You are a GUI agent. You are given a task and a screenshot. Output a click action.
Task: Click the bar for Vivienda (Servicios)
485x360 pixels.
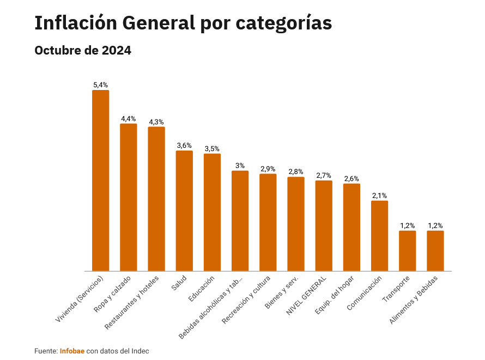pyautogui.click(x=100, y=180)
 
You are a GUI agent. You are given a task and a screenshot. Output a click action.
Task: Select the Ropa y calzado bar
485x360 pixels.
pyautogui.click(x=129, y=197)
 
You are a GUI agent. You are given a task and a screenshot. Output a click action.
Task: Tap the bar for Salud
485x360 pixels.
pyautogui.click(x=184, y=211)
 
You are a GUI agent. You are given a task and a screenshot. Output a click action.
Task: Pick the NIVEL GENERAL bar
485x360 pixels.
pyautogui.click(x=324, y=225)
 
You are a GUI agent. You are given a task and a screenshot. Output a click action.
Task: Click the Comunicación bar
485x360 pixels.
pyautogui.click(x=379, y=236)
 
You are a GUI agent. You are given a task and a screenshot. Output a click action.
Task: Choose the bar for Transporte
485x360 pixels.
pyautogui.click(x=407, y=250)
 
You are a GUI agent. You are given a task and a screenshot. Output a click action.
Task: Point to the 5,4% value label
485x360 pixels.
pyautogui.click(x=100, y=85)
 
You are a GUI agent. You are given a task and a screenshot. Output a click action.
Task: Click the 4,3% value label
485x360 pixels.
pyautogui.click(x=156, y=122)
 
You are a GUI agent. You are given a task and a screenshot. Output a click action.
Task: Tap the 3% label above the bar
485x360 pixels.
pyautogui.click(x=240, y=166)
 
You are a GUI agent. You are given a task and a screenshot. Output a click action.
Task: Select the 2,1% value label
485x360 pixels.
pyautogui.click(x=379, y=196)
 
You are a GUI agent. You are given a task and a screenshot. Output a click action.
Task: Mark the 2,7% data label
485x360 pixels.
pyautogui.click(x=324, y=176)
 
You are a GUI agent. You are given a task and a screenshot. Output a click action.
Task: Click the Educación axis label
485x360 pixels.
pyautogui.click(x=202, y=289)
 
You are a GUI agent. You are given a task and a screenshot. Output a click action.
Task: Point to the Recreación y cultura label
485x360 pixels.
pyautogui.click(x=247, y=300)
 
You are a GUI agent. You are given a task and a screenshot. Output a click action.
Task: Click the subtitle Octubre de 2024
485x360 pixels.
pyautogui.click(x=83, y=51)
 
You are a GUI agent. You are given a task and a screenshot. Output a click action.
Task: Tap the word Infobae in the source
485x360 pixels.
pyautogui.click(x=72, y=351)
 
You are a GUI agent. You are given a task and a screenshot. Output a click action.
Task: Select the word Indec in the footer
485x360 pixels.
pyautogui.click(x=140, y=351)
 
